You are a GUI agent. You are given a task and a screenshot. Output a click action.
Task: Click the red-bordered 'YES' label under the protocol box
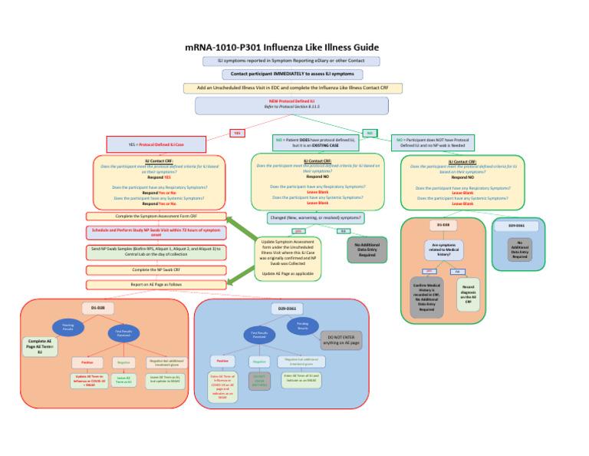[x=238, y=133]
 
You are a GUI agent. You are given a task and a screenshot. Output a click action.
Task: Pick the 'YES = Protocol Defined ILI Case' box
[x=156, y=144]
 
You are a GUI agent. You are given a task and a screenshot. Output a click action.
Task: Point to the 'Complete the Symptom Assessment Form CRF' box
[x=156, y=216]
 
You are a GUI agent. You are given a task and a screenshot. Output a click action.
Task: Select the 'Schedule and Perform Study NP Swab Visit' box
[x=156, y=232]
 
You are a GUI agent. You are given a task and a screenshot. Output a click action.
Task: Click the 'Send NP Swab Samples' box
[x=156, y=252]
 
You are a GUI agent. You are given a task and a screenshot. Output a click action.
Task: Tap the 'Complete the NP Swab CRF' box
[x=156, y=270]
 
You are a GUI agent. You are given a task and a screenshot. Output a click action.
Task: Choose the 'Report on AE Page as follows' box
[x=156, y=284]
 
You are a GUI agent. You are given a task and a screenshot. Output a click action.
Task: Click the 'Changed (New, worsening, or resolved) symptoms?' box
[x=314, y=218]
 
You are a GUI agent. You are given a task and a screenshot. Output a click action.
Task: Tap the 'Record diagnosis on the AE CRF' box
[x=468, y=295]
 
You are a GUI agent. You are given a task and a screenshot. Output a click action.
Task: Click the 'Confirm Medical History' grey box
[x=426, y=298]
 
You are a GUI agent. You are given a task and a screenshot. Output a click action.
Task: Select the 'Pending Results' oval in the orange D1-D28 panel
[x=68, y=327]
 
